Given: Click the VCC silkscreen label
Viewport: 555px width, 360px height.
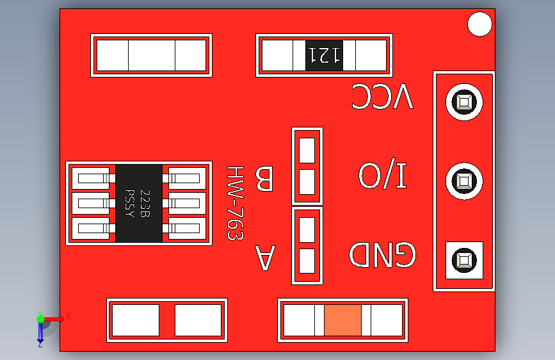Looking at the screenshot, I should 382,97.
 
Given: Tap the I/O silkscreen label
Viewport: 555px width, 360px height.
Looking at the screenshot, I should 383,176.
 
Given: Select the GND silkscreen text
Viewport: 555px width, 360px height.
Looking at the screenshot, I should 382,255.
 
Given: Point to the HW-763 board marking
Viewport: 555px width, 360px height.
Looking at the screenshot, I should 236,203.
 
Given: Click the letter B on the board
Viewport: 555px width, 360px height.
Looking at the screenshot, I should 264,179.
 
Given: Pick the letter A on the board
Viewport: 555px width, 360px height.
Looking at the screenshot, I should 265,258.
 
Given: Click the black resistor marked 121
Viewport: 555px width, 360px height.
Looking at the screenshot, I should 324,56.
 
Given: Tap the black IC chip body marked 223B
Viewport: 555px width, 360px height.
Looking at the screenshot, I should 138,203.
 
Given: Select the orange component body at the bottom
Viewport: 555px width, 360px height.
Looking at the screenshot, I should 343,320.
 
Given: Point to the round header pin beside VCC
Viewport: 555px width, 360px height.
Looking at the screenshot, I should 463,102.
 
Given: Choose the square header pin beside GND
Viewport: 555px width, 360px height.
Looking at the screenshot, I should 463,260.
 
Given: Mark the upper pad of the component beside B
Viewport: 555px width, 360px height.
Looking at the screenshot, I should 307,151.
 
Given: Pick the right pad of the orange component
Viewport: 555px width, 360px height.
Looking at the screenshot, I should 385,320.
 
